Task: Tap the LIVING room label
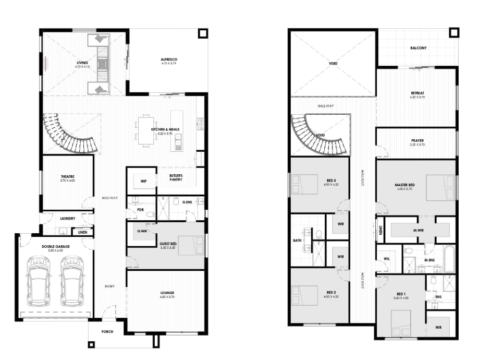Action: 82,63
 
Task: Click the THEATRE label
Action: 68,177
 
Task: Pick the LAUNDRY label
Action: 67,219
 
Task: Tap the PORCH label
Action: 107,331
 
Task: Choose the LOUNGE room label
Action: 167,293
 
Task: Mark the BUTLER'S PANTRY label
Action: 176,177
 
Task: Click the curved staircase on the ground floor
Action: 68,136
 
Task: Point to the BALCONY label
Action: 418,48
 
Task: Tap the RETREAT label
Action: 418,93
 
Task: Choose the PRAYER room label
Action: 417,141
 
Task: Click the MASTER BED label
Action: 404,185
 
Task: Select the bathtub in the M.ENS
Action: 449,259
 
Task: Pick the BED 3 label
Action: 331,181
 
